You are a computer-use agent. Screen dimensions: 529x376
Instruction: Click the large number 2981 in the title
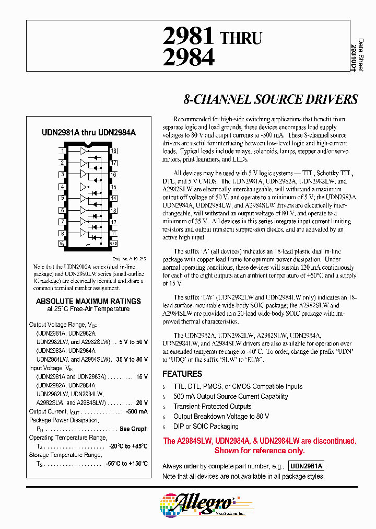[x=189, y=37]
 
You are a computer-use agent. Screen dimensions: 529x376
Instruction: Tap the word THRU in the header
[x=241, y=38]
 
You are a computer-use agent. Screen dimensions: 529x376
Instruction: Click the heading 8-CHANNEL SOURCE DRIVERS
[x=271, y=99]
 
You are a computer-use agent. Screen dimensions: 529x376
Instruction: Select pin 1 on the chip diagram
[x=62, y=151]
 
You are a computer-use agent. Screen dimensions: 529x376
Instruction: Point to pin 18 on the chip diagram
[x=113, y=151]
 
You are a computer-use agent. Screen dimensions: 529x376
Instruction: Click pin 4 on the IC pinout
[x=62, y=187]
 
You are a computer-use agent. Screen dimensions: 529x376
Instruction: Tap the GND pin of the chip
[x=113, y=244]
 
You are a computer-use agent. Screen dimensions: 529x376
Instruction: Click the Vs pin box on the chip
[x=62, y=244]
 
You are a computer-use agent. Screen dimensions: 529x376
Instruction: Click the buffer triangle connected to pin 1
[x=83, y=151]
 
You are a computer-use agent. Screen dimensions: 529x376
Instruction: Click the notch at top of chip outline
[x=88, y=144]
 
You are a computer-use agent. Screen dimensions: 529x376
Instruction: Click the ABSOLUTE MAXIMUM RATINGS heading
[x=88, y=301]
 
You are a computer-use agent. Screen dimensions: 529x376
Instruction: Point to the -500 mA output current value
[x=136, y=411]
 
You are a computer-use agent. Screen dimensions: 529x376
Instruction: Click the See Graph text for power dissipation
[x=133, y=429]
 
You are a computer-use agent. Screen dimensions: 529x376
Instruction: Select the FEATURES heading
[x=182, y=374]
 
